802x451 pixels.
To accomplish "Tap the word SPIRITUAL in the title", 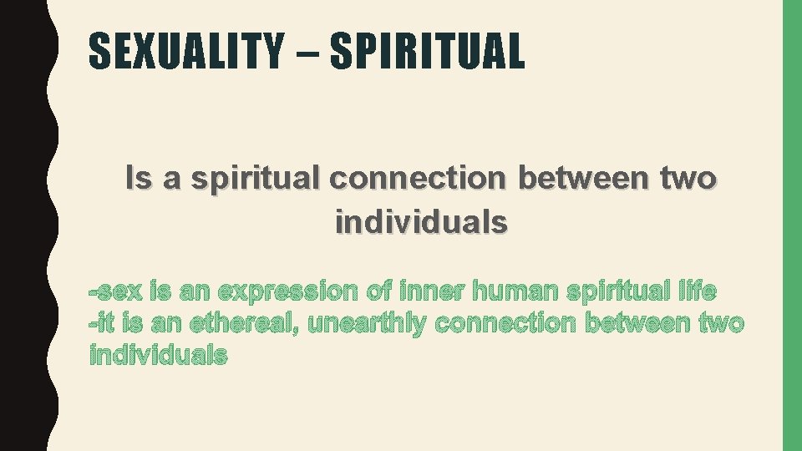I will tap(427, 51).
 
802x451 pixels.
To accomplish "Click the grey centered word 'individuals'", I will tap(421, 223).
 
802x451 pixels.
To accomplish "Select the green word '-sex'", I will tap(116, 292).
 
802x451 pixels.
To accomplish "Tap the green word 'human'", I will tap(515, 292).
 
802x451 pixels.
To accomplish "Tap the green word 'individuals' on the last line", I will tap(158, 356).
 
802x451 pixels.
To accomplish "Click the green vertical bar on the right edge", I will tap(791, 225).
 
